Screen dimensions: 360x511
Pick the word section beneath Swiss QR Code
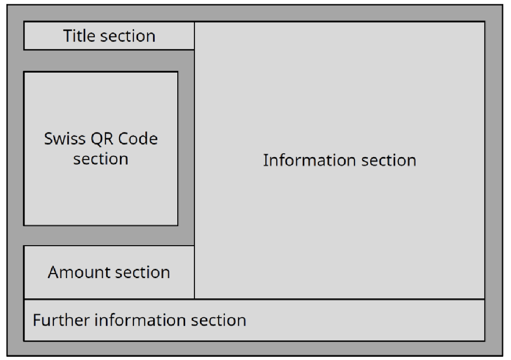(100, 159)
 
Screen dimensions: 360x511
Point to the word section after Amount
(142, 272)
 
